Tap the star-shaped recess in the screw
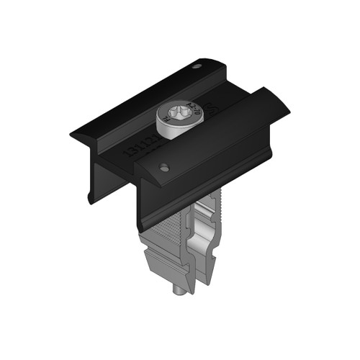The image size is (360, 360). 171,113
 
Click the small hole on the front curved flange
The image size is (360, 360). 164,167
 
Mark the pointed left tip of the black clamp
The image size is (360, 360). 72,135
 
